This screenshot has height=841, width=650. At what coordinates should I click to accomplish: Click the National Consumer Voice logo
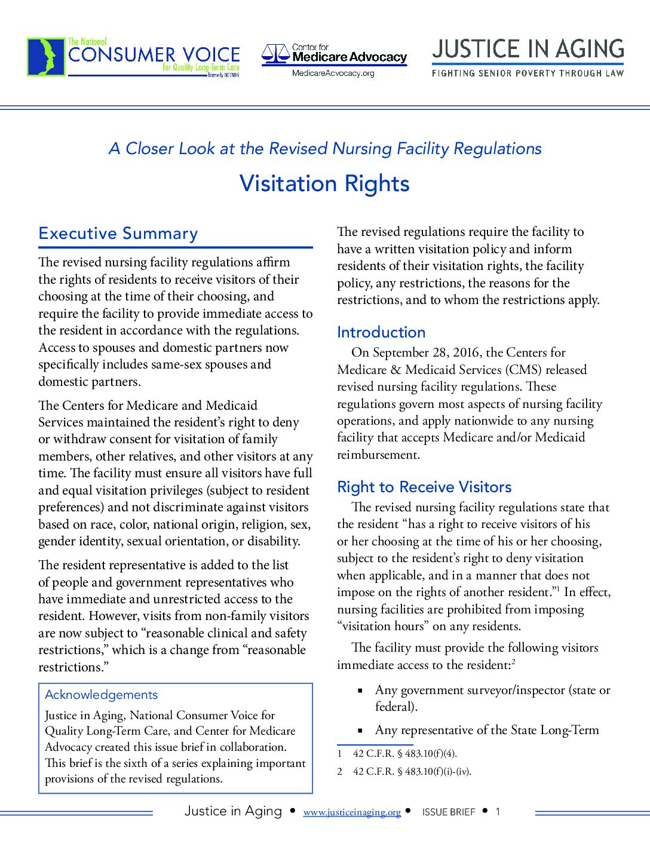[133, 57]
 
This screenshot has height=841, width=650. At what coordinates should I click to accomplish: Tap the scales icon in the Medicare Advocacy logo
[275, 55]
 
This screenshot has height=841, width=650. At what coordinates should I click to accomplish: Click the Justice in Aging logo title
[528, 49]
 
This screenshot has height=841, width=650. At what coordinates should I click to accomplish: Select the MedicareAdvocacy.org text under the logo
[333, 73]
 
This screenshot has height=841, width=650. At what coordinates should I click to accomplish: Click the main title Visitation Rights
[324, 183]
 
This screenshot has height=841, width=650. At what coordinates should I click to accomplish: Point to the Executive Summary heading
[118, 234]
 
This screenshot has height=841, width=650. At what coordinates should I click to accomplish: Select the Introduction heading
[381, 332]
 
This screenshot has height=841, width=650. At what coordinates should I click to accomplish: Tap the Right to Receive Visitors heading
[424, 487]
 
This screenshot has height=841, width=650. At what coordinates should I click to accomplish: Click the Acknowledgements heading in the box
[101, 695]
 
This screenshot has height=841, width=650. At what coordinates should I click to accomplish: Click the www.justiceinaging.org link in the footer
[352, 812]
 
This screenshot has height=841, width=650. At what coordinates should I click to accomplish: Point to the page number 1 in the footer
[498, 811]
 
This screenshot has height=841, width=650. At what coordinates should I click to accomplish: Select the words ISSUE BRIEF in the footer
[449, 812]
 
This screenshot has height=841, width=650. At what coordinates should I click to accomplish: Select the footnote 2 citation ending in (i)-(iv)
[412, 771]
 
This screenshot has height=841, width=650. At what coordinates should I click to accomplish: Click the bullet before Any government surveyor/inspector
[360, 690]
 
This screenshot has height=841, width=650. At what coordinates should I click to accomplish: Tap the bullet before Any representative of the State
[360, 730]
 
